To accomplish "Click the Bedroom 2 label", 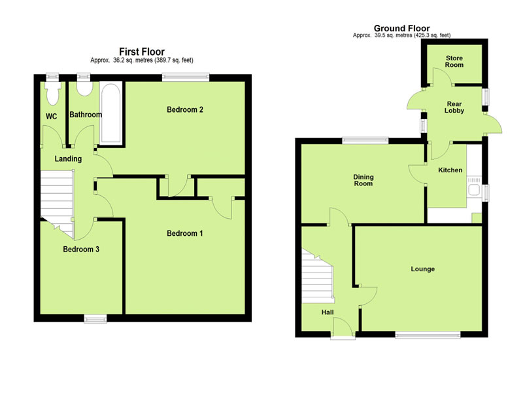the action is pyautogui.click(x=185, y=109).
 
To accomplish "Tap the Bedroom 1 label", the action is pyautogui.click(x=185, y=233).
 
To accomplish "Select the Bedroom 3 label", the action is pyautogui.click(x=81, y=250).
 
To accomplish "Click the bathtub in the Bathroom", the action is pyautogui.click(x=111, y=113).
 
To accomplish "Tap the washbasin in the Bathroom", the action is pyautogui.click(x=84, y=88).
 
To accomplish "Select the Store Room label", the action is pyautogui.click(x=454, y=62).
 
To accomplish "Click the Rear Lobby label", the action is pyautogui.click(x=454, y=107).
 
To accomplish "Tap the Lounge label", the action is pyautogui.click(x=422, y=269).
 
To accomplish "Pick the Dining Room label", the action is pyautogui.click(x=363, y=180).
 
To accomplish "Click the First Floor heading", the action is pyautogui.click(x=142, y=52).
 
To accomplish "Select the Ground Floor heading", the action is pyautogui.click(x=401, y=28).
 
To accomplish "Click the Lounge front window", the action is pyautogui.click(x=428, y=334).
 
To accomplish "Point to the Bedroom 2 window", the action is pyautogui.click(x=186, y=77).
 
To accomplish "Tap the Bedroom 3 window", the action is pyautogui.click(x=95, y=318).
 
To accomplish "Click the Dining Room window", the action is pyautogui.click(x=365, y=140).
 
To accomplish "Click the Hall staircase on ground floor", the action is pyautogui.click(x=317, y=276).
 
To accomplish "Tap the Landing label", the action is pyautogui.click(x=68, y=159).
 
